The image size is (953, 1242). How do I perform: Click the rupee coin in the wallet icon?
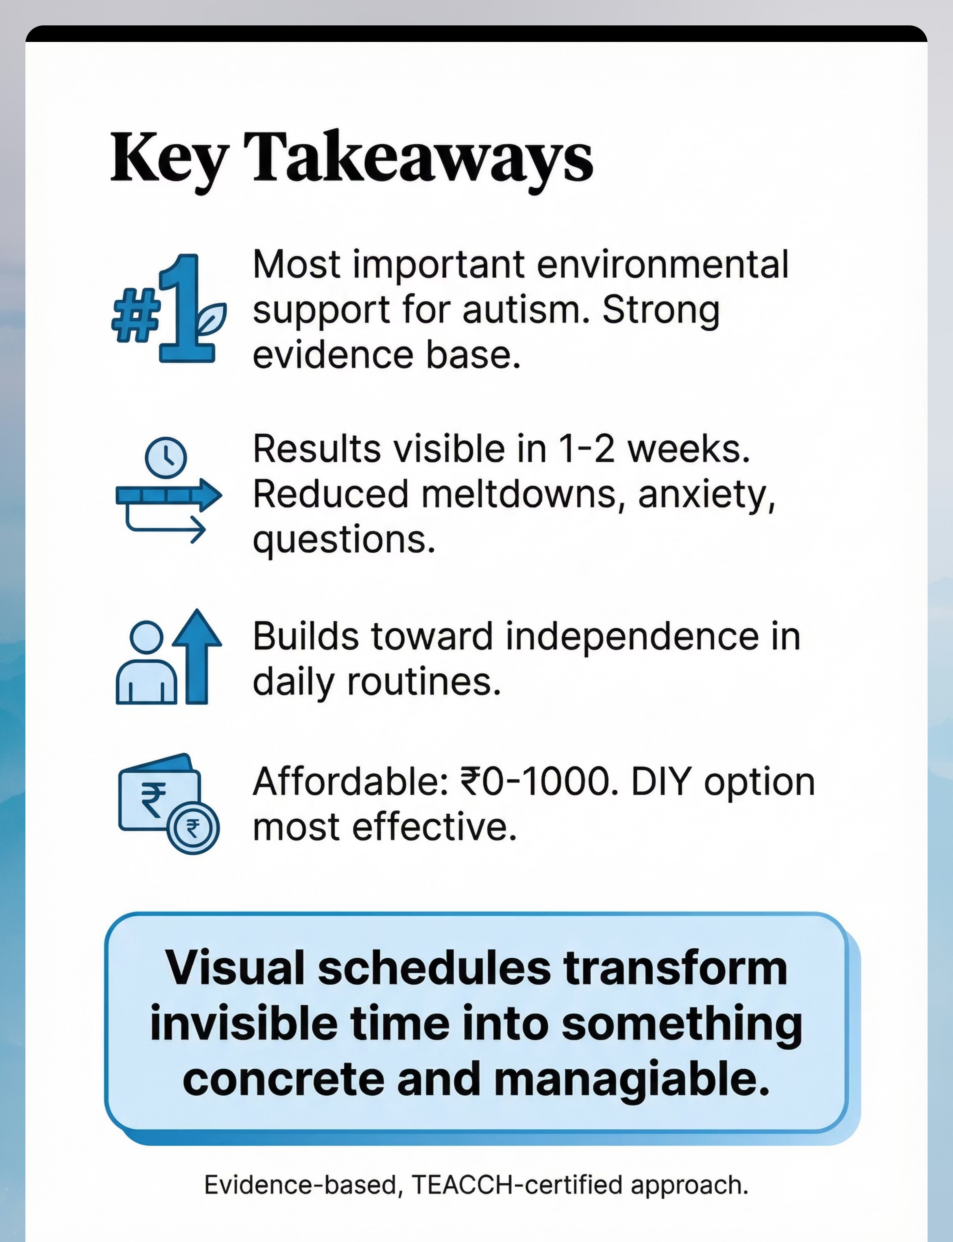(193, 829)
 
